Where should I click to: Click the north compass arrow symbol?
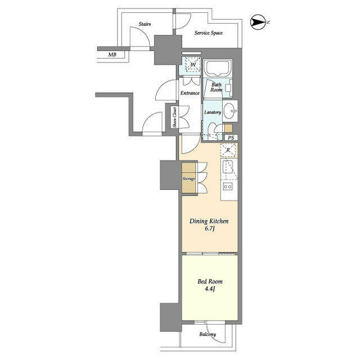258,22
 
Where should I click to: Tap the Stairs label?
145,24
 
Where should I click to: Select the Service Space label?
209,33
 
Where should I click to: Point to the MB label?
112,55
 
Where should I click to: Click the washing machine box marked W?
193,65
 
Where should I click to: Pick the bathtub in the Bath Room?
218,67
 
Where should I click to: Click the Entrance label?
190,93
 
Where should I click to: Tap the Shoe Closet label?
175,118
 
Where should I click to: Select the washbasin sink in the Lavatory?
229,111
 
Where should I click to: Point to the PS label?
231,138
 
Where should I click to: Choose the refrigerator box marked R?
228,150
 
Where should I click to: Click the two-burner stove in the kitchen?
228,186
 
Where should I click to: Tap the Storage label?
189,179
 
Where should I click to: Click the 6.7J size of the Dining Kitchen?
209,229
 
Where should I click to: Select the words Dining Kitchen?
209,221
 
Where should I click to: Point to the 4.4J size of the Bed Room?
210,289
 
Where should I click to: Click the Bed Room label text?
210,281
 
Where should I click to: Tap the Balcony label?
208,334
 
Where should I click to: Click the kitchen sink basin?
227,166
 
